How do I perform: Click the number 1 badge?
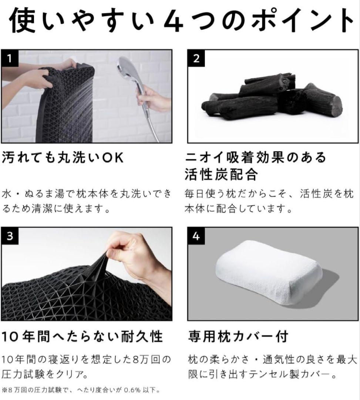point(10,59)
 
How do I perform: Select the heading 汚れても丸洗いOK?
point(63,158)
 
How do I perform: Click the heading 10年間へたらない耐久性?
point(82,336)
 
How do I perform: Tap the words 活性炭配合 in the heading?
point(221,174)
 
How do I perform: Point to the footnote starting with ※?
point(81,390)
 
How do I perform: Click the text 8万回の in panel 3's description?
point(150,359)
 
